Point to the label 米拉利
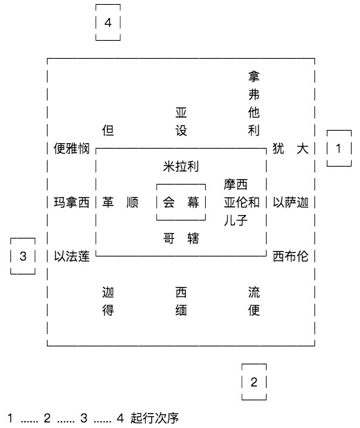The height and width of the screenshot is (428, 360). coord(181,166)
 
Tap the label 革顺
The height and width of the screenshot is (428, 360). coord(120,203)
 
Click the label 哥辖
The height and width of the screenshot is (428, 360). coord(181,239)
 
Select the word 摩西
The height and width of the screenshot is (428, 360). coord(236,184)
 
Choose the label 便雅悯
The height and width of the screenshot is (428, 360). coord(71,148)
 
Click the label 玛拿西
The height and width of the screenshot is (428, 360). coord(71,203)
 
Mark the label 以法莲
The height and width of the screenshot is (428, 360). coord(71,256)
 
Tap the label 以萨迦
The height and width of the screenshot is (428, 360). coord(291,203)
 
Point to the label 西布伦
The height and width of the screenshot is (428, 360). coord(291,256)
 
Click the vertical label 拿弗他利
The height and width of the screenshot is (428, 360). coord(254,103)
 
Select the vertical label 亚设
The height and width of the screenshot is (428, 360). coord(181,122)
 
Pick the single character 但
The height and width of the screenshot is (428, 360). coord(108,130)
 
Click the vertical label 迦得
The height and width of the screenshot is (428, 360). coord(108,301)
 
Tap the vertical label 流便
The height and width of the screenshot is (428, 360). coord(254,301)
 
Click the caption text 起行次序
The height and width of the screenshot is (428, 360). coord(154,418)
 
